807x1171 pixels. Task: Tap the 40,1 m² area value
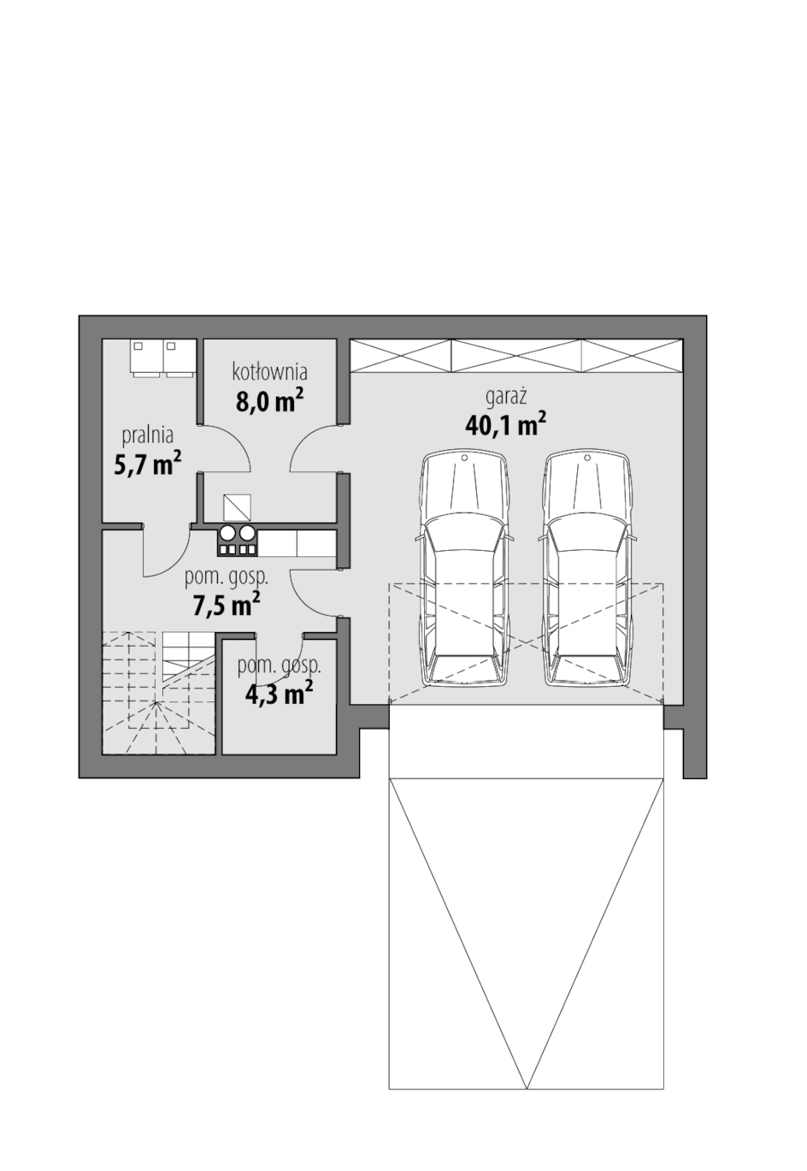pyautogui.click(x=505, y=425)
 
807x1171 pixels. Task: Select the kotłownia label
pyautogui.click(x=269, y=372)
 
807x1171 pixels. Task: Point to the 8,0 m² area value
pyautogui.click(x=269, y=401)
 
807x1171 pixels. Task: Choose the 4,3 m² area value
pyautogui.click(x=279, y=693)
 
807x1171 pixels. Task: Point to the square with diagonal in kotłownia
pyautogui.click(x=237, y=507)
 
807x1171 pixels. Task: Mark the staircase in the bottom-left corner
pyautogui.click(x=159, y=693)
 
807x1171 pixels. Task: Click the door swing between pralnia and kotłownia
pyautogui.click(x=225, y=447)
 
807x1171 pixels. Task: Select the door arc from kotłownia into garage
pyautogui.click(x=314, y=447)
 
